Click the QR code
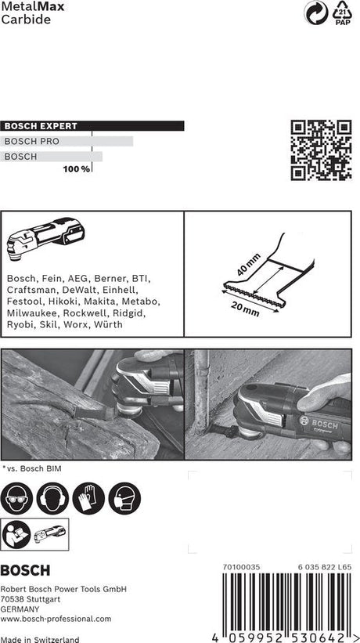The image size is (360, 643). [321, 150]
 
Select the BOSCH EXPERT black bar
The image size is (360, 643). [92, 125]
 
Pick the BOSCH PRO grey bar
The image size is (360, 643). [67, 141]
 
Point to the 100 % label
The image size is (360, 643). [77, 169]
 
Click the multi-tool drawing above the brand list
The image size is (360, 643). [47, 238]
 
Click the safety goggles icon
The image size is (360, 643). [17, 498]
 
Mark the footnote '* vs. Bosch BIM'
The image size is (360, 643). [33, 468]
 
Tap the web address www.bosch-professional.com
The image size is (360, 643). [56, 619]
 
